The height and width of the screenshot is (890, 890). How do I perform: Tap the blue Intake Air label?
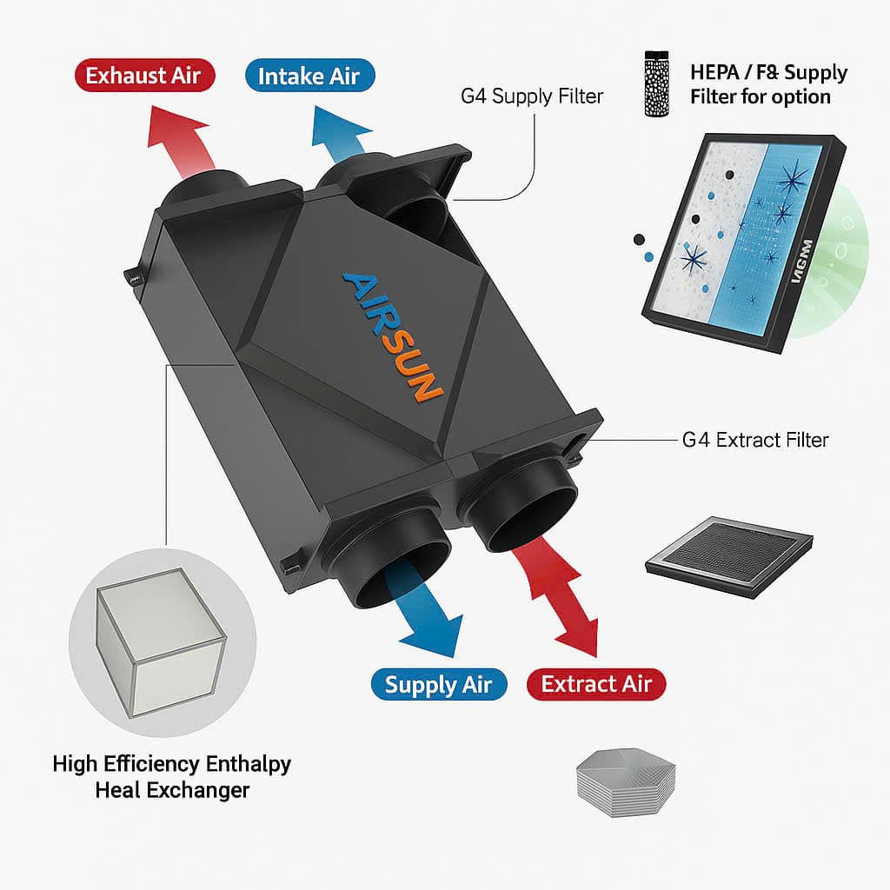(x=309, y=76)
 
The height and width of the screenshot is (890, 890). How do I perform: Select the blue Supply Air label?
(x=438, y=684)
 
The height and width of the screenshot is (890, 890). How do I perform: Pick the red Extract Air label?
(x=595, y=684)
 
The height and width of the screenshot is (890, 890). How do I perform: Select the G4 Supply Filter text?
(x=532, y=96)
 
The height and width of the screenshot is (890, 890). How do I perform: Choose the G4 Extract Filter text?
(x=755, y=440)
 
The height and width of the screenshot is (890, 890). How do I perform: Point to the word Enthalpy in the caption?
(x=247, y=764)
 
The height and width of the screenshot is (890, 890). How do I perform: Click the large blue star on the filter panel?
(x=794, y=183)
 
